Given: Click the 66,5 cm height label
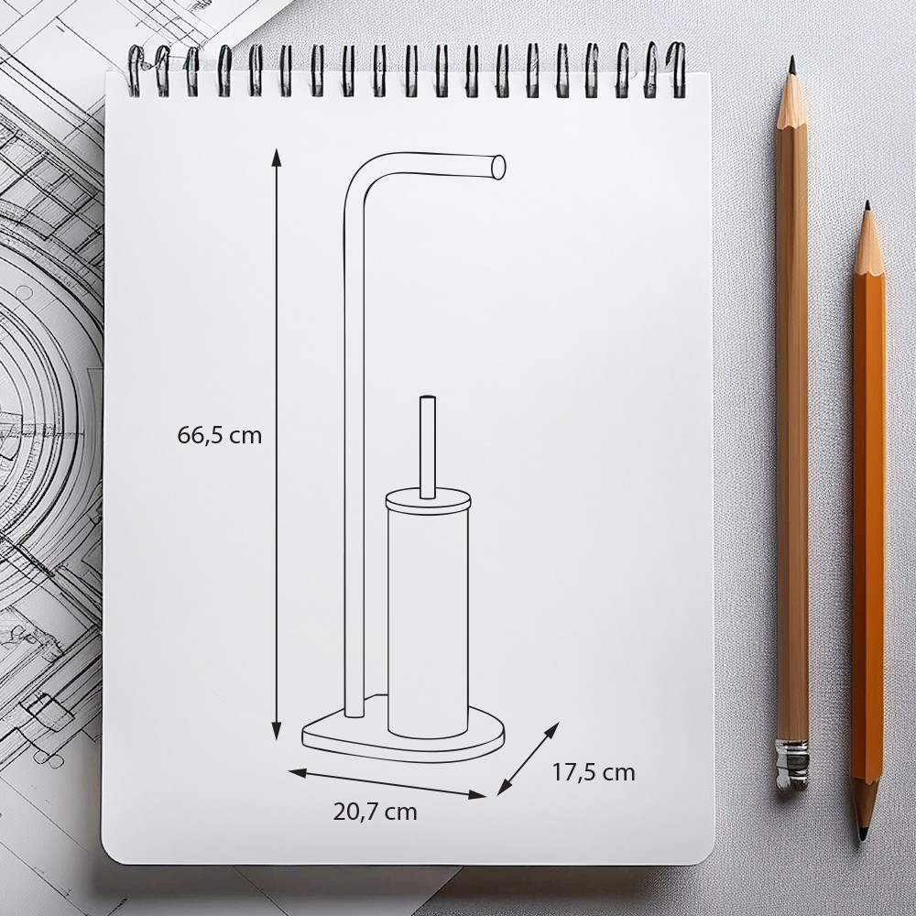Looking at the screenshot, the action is (x=220, y=435).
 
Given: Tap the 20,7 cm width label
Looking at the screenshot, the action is (x=375, y=812).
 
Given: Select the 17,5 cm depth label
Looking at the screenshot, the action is (x=594, y=772).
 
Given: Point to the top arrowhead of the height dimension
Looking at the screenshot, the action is (x=277, y=158).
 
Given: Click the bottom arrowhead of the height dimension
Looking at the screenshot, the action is (x=277, y=731).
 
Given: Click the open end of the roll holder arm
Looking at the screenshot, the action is (x=498, y=166).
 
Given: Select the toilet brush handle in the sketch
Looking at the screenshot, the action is (x=428, y=448).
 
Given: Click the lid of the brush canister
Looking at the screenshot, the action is (x=428, y=501).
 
